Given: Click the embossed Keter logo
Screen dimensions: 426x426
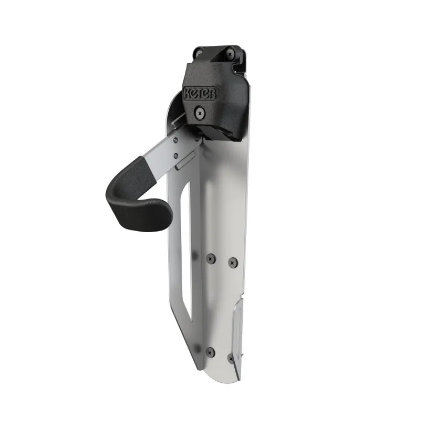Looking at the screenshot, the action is coord(201,94).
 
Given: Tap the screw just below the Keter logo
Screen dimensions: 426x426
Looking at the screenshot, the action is coord(200,112).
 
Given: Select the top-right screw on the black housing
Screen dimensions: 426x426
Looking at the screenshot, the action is coord(231,54).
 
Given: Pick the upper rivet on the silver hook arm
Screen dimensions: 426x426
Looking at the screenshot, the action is coord(176,141).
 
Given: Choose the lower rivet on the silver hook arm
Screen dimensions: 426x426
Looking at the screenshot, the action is coord(176,155).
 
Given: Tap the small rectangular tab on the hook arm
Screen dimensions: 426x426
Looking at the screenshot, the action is coord(185,161).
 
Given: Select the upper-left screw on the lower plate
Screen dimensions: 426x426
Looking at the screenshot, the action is coord(210,259).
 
